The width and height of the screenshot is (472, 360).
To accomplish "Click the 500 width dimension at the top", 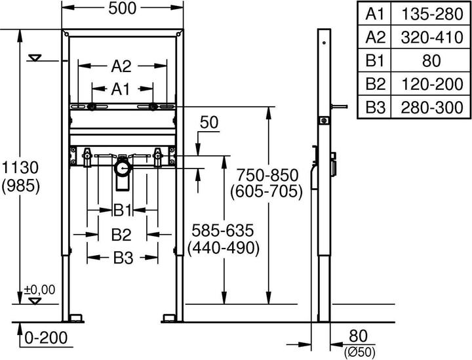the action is click(122, 9).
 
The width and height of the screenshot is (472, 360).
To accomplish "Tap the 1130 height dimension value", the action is click(20, 167).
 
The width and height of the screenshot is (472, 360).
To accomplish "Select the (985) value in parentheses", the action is click(20, 187).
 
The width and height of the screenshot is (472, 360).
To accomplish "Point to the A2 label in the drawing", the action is click(121, 66).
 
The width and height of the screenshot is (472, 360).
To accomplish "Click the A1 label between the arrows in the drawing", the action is click(121, 89).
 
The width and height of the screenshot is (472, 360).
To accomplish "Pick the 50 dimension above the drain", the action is click(209, 123).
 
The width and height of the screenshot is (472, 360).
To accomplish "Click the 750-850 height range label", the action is click(267, 175).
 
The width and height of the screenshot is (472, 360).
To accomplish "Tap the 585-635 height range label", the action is click(223, 231).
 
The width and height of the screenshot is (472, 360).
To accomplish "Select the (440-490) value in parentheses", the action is click(223, 249).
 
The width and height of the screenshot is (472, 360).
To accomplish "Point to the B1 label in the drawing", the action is click(123, 210).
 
